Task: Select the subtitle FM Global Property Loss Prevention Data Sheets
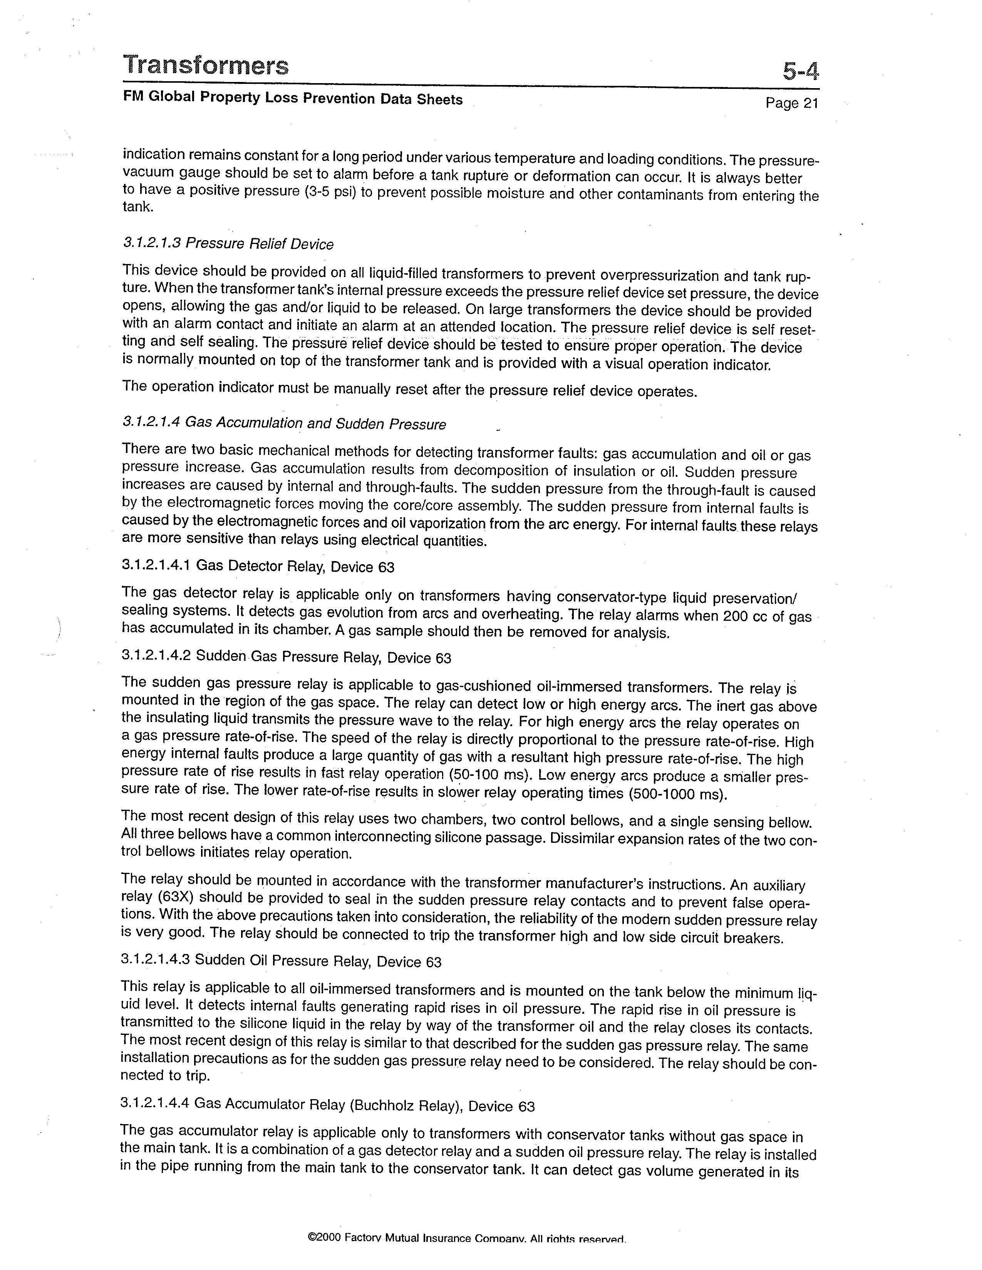(293, 98)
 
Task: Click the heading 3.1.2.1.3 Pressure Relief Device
(228, 244)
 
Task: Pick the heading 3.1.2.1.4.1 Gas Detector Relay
(258, 566)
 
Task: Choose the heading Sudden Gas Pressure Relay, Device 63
(323, 657)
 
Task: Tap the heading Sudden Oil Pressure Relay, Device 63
(318, 961)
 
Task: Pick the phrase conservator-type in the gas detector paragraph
(612, 597)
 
